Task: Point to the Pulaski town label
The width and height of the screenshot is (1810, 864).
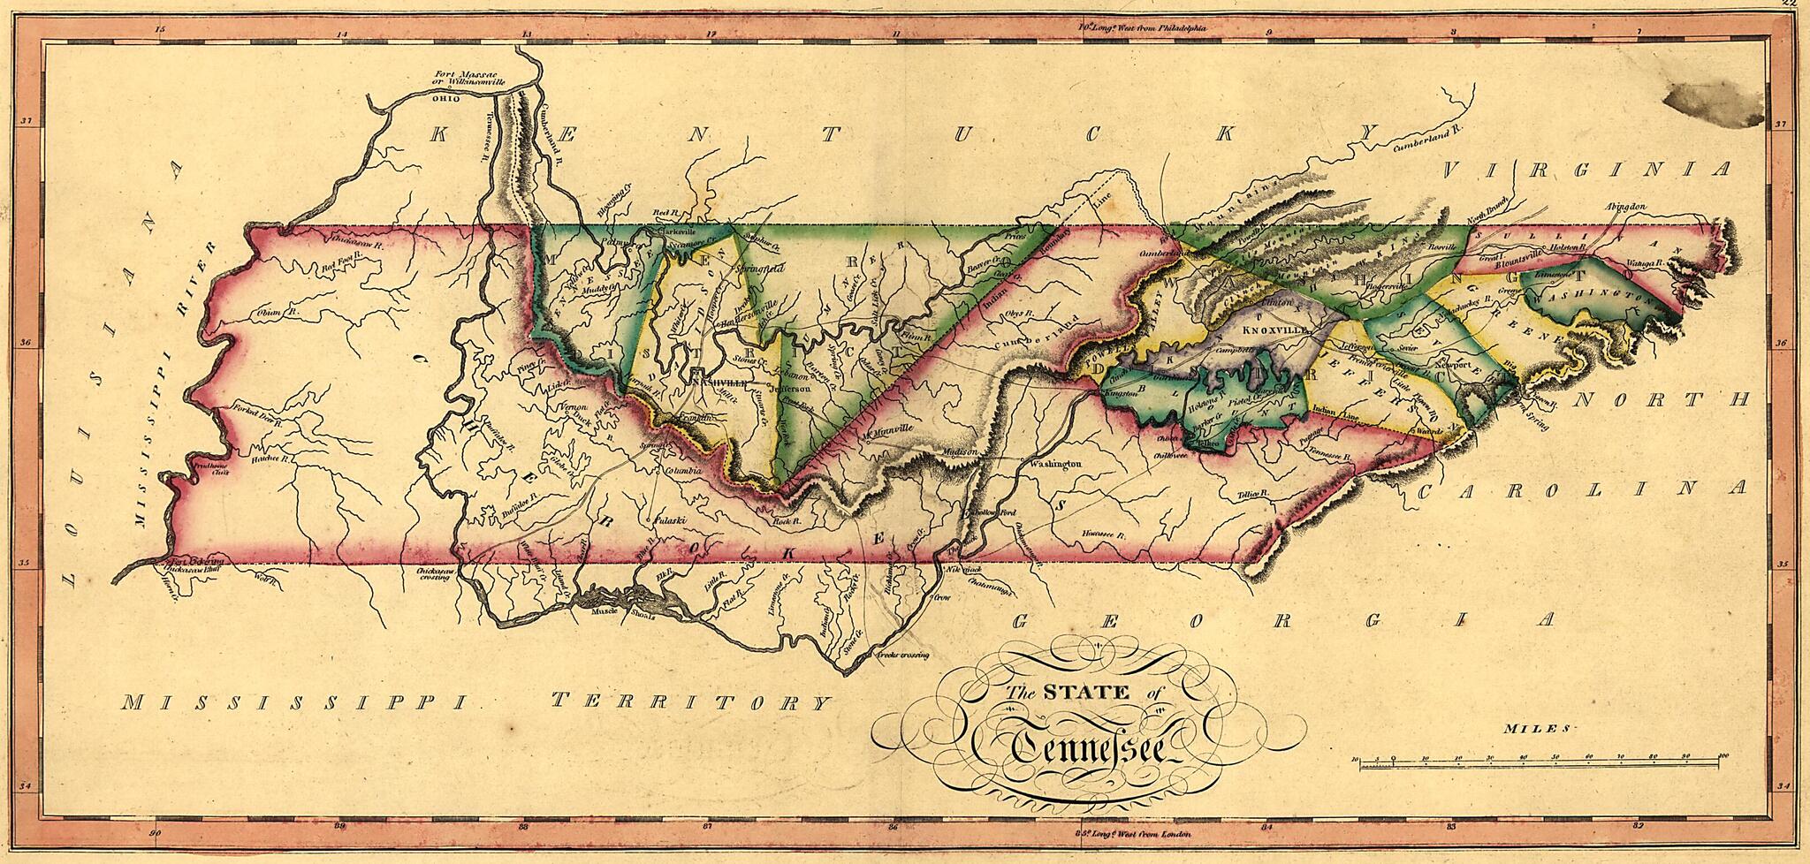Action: point(664,521)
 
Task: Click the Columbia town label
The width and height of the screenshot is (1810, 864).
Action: point(681,471)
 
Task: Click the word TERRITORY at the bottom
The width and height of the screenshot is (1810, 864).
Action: point(690,703)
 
